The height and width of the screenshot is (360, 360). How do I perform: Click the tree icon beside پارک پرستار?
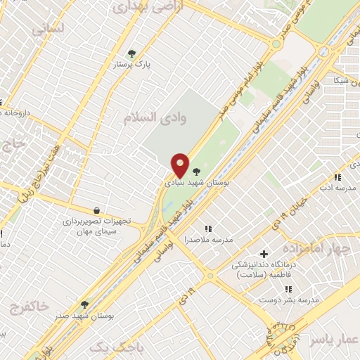(131, 53)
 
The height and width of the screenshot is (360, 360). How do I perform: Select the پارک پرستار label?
(132, 64)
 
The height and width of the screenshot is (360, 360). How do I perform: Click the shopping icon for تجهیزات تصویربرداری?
(96, 210)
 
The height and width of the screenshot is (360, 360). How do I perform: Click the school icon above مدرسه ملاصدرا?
(207, 229)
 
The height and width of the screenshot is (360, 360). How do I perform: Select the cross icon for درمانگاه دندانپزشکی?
(264, 254)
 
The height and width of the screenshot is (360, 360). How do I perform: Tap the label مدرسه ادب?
(335, 188)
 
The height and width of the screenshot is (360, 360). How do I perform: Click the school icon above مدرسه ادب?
(337, 177)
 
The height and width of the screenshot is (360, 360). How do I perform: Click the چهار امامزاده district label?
(316, 250)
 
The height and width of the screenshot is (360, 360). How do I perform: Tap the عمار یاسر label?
(336, 339)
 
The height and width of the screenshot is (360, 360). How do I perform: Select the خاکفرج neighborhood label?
(30, 306)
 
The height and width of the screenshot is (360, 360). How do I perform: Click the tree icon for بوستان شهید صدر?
(84, 304)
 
